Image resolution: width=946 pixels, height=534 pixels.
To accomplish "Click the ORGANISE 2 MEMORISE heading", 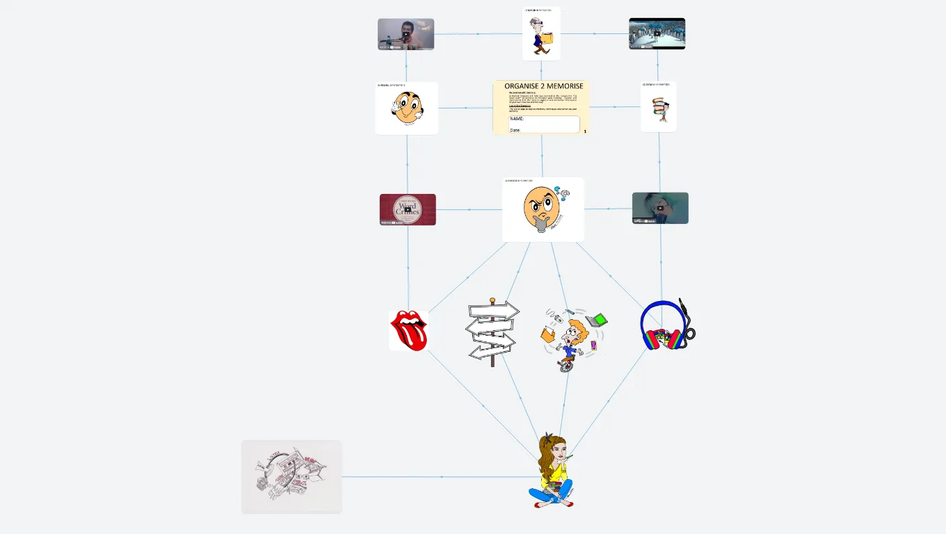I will pyautogui.click(x=543, y=86).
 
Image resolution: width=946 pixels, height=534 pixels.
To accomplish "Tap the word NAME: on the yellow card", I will pyautogui.click(x=517, y=119).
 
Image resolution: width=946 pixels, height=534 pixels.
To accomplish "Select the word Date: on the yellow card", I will pyautogui.click(x=515, y=130).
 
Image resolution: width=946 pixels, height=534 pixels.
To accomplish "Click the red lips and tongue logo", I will pyautogui.click(x=409, y=330).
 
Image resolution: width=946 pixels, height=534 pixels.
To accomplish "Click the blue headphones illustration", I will pyautogui.click(x=664, y=325).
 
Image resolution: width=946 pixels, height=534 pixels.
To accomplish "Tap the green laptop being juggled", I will pyautogui.click(x=597, y=320).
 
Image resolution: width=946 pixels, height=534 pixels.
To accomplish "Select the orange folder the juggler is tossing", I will pyautogui.click(x=548, y=334).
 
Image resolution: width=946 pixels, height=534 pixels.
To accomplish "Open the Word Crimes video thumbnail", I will pyautogui.click(x=408, y=209).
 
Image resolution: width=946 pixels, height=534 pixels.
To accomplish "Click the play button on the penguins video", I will pyautogui.click(x=657, y=33).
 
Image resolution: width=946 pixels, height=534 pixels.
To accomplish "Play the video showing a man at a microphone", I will pyautogui.click(x=406, y=34).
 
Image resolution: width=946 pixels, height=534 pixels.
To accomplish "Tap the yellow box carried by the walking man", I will pyautogui.click(x=547, y=38).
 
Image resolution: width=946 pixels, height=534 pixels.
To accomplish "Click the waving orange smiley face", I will pyautogui.click(x=406, y=108).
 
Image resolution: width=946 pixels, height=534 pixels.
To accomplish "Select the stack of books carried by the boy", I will pyautogui.click(x=659, y=109).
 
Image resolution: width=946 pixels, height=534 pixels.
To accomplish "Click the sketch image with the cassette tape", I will pyautogui.click(x=291, y=477).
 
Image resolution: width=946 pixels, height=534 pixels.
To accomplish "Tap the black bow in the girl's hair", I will pyautogui.click(x=550, y=437).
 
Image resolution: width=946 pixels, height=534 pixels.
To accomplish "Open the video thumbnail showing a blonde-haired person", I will pyautogui.click(x=660, y=208).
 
